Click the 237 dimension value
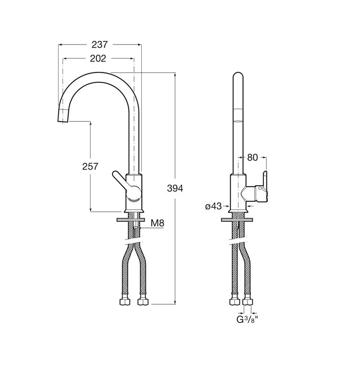point(100,45)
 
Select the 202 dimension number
point(98,58)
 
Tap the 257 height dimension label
point(90,166)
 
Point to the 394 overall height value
point(175,188)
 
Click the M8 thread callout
point(157,223)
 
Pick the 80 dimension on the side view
point(252,157)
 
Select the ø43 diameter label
point(213,206)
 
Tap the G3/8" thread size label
point(247,319)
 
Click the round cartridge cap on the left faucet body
point(134,193)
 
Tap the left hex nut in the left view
point(125,302)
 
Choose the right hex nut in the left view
point(143,302)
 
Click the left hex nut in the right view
point(234,302)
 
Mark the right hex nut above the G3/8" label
point(247,302)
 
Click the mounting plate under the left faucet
point(131,220)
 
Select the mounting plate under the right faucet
point(238,220)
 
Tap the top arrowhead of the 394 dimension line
point(175,75)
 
